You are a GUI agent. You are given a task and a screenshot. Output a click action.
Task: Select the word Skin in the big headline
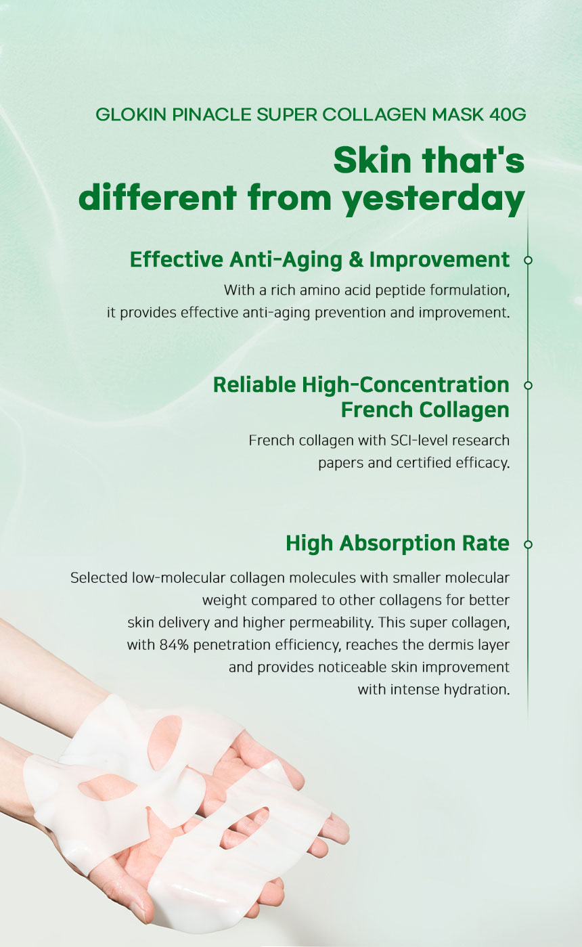(x=372, y=160)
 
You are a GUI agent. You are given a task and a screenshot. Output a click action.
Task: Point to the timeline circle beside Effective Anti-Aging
(x=528, y=261)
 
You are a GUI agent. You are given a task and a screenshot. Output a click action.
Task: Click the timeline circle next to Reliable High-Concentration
(x=528, y=386)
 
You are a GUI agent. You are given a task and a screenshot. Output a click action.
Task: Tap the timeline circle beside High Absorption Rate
(x=528, y=544)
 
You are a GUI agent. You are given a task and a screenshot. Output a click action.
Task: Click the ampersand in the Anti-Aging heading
(x=356, y=259)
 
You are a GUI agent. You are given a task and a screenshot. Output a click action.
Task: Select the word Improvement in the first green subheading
(x=440, y=259)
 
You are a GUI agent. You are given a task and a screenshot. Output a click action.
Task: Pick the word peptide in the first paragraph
(x=401, y=290)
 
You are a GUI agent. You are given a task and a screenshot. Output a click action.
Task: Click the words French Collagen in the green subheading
(x=425, y=410)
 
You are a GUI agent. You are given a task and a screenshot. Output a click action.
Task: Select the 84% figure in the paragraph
(x=174, y=644)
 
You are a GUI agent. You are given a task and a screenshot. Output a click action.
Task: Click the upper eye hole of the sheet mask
(x=165, y=734)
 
